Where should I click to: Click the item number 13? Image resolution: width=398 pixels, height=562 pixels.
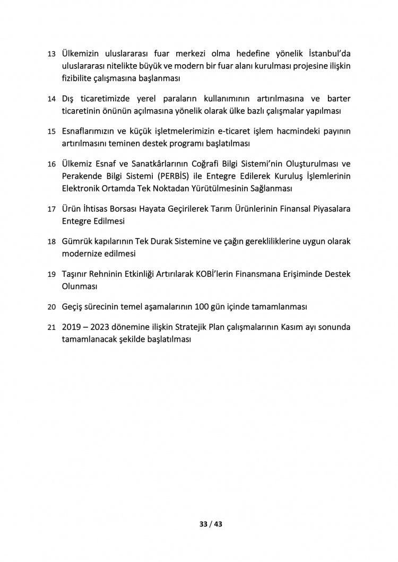tap(51, 55)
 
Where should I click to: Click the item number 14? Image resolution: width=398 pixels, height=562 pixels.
tap(51, 100)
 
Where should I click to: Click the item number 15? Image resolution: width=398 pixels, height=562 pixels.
tap(51, 131)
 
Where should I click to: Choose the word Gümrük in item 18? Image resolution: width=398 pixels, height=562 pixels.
tap(75, 241)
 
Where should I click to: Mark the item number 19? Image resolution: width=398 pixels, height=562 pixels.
tap(51, 275)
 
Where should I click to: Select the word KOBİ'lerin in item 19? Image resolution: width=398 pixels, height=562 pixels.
tap(222, 274)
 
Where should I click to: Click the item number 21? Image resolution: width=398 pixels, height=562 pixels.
tap(51, 328)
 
